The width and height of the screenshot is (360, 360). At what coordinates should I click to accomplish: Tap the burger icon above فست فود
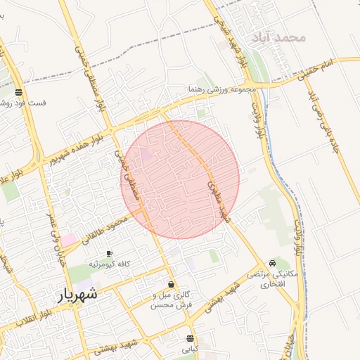[x=18, y=92]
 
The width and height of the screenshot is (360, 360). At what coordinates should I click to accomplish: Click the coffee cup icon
[x=109, y=253]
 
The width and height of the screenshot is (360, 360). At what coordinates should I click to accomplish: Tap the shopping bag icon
[x=172, y=285]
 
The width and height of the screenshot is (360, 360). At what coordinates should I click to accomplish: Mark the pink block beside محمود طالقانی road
[x=68, y=240]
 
